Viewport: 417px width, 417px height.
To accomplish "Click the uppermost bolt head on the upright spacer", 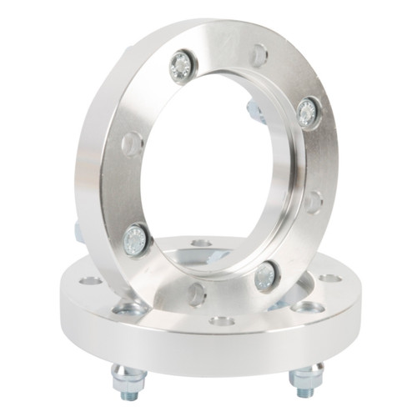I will pyautogui.click(x=181, y=66).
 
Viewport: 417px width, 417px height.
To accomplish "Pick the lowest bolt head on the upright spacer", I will pyautogui.click(x=266, y=276).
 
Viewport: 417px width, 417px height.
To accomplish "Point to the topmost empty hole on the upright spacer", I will pyautogui.click(x=259, y=56).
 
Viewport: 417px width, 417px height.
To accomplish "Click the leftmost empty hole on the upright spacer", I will pyautogui.click(x=131, y=144).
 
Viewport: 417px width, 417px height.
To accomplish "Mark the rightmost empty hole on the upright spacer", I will pyautogui.click(x=312, y=202).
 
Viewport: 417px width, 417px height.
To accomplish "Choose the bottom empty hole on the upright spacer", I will pyautogui.click(x=197, y=293).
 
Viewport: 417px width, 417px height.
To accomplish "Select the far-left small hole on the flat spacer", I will pyautogui.click(x=91, y=280).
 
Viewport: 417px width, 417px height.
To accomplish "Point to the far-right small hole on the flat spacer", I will pyautogui.click(x=330, y=278).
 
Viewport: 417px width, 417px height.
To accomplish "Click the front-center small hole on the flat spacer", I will pyautogui.click(x=221, y=321).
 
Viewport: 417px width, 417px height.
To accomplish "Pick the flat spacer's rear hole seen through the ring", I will pyautogui.click(x=200, y=244).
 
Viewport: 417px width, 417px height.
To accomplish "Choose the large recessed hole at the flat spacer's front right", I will pyautogui.click(x=307, y=307).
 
